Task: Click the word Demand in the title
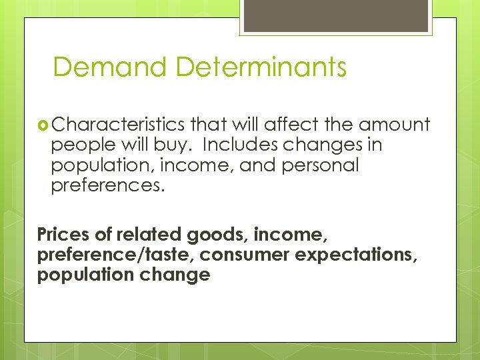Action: point(109,67)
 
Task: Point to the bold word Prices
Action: point(62,235)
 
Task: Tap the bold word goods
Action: point(217,235)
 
